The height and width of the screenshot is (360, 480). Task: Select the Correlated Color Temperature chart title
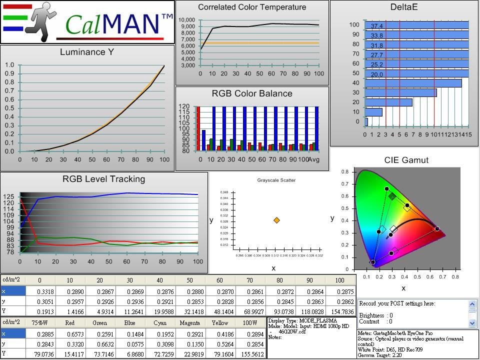pos(252,7)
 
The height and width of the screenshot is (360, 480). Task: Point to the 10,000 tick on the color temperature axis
pos(186,20)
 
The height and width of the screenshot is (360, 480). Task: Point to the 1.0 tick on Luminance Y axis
pos(9,65)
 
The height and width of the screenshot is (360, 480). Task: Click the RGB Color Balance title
pos(252,94)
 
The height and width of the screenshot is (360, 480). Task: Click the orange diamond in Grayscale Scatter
pos(276,220)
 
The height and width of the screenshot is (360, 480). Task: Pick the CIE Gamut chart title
pos(406,160)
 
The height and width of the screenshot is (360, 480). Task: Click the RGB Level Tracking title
pos(103,179)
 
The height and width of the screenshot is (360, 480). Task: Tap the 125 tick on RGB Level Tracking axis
pos(9,196)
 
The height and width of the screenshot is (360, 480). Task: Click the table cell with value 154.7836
pos(339,311)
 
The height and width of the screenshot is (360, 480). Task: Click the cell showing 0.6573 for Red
pos(70,333)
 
